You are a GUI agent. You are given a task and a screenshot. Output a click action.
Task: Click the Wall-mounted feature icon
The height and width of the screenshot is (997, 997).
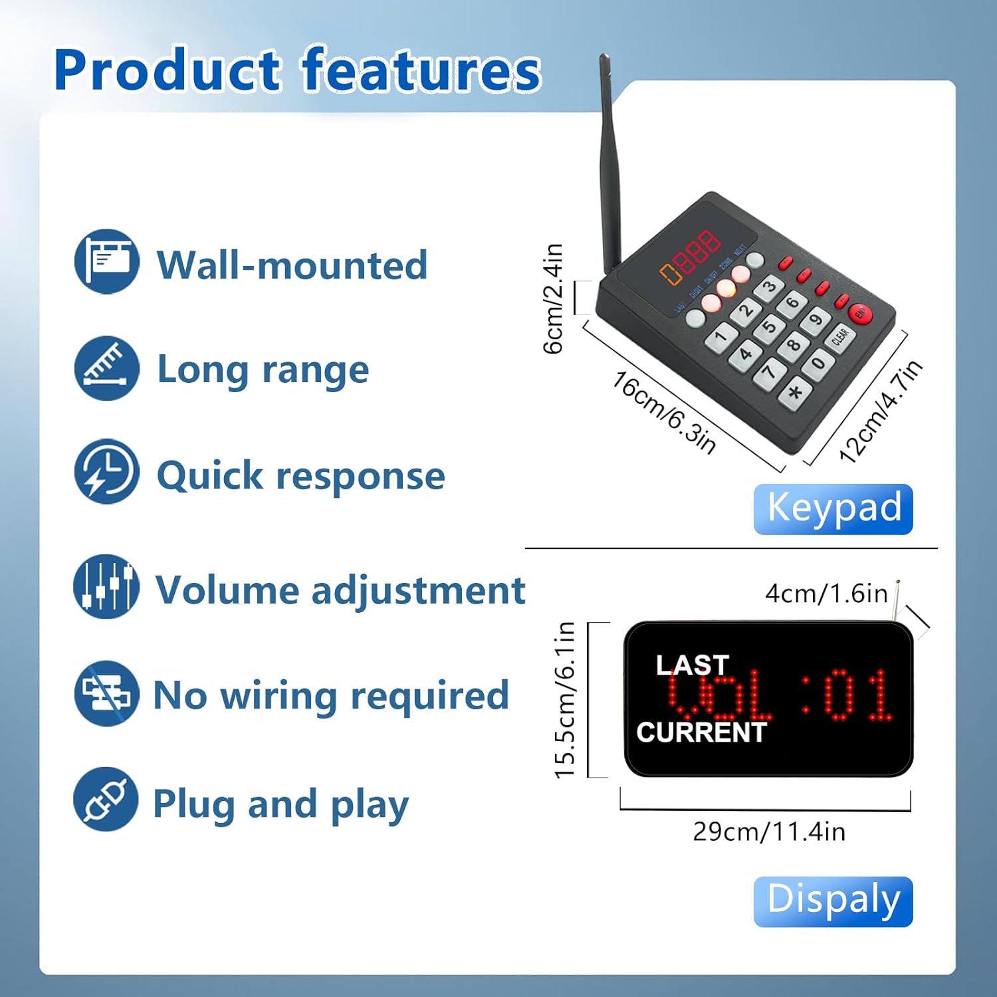[x=106, y=262]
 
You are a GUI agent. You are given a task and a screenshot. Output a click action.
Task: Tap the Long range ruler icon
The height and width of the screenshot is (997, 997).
[x=106, y=368]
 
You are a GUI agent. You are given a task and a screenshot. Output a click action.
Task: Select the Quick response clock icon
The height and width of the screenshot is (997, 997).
[x=106, y=472]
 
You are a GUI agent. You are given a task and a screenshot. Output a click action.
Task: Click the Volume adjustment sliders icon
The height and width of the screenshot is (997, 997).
[x=106, y=586]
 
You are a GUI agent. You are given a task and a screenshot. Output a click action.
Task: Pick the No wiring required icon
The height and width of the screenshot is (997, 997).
[x=106, y=693]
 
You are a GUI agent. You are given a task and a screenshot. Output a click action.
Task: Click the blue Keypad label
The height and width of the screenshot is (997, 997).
[x=833, y=509]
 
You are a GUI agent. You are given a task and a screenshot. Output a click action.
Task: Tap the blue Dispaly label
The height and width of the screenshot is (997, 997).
[x=833, y=901]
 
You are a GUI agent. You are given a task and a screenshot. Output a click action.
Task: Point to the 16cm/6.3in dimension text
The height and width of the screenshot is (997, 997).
[x=664, y=413]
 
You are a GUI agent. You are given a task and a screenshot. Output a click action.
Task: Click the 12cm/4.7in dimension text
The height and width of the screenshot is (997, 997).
[x=881, y=411]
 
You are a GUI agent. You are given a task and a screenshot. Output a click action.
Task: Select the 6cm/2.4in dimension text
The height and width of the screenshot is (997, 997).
[x=553, y=298]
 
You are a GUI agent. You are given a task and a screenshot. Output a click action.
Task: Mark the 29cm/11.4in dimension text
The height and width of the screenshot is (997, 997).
[x=769, y=831]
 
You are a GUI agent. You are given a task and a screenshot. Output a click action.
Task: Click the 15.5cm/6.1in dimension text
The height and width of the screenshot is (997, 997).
[x=564, y=700]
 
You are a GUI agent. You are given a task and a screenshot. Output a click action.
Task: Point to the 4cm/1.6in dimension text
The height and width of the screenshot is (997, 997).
[x=826, y=594]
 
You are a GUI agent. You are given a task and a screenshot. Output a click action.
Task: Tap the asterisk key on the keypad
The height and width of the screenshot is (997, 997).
[x=795, y=392]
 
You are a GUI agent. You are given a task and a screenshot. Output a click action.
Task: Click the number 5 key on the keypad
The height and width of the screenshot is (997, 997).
[x=769, y=327]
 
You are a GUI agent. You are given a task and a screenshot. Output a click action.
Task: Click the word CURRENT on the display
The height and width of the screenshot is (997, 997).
[x=701, y=732]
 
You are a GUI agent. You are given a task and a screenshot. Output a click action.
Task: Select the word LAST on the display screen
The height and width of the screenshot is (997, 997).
[x=692, y=665]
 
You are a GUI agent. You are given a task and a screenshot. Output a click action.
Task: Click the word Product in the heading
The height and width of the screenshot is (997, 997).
[x=167, y=70]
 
